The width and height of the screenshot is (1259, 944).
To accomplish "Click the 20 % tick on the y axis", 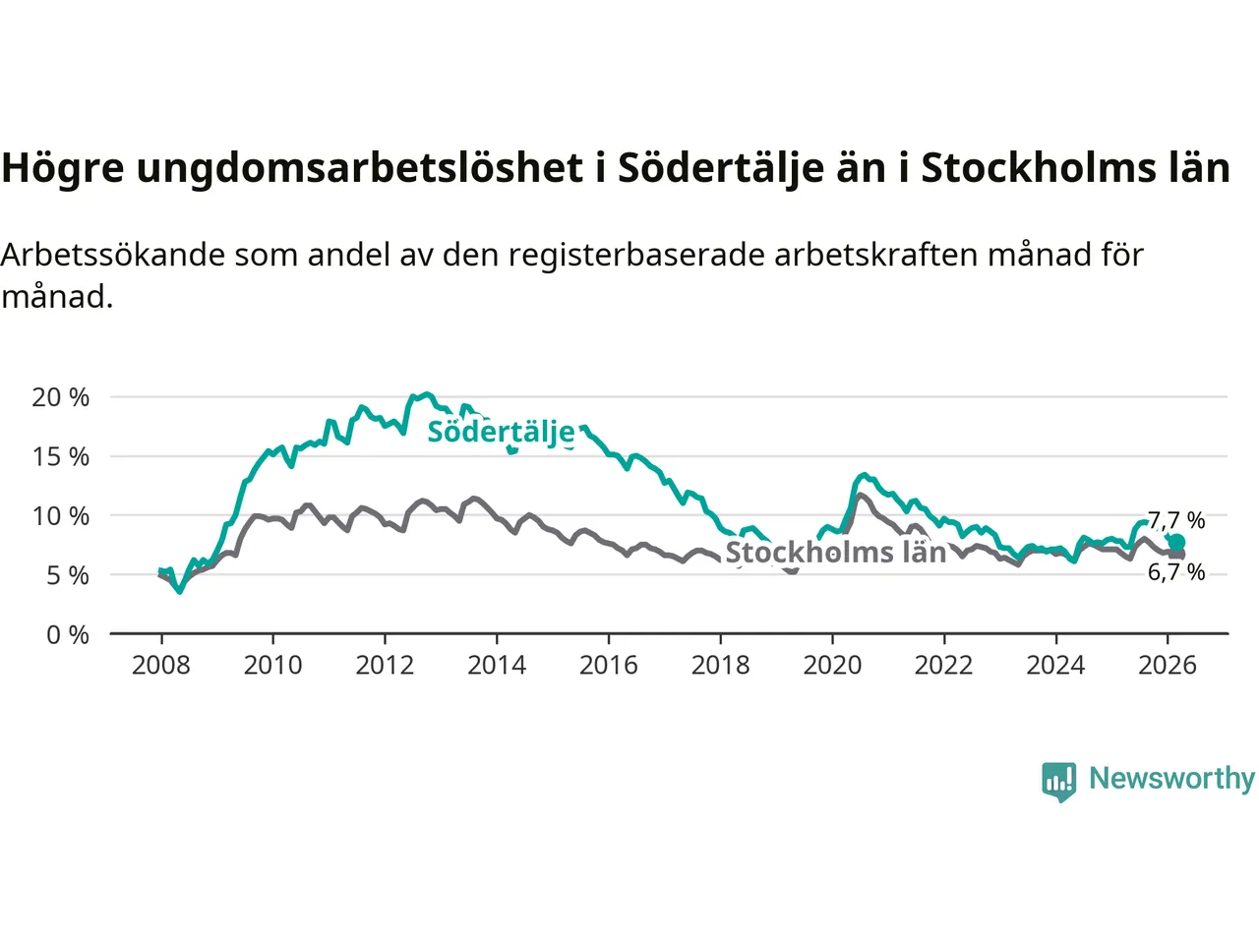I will point(60,397).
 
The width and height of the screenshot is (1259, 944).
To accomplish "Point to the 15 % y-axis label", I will point(60,456).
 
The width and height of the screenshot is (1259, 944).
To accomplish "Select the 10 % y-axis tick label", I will point(60,516).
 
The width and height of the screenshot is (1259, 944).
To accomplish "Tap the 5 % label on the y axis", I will point(67,575).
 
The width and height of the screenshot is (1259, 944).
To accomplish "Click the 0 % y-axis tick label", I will point(67,635).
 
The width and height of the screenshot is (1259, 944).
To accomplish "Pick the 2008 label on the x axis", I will point(161,666).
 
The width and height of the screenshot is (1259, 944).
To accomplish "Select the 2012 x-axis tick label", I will point(385,666).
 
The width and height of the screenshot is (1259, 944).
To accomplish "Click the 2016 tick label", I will point(608,666).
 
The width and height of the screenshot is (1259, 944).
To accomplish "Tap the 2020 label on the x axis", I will point(832,666).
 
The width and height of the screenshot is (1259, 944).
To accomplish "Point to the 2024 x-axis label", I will point(1055,666).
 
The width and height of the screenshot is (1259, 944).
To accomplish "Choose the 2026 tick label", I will point(1168,666).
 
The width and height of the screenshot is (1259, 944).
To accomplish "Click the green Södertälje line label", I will point(501,432).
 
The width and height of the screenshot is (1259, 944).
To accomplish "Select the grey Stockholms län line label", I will point(835,553).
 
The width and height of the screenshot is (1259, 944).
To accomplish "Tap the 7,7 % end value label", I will point(1176,520).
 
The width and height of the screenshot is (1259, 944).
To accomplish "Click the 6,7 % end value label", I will point(1176,572).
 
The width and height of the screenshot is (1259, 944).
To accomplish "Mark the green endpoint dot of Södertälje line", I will point(1176,543).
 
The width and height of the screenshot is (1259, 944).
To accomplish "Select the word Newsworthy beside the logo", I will point(1171,778).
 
